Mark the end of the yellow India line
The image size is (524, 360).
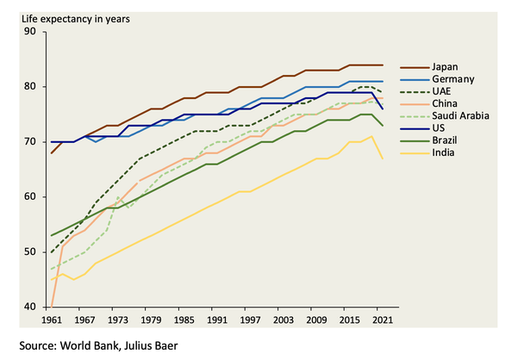(x=383, y=159)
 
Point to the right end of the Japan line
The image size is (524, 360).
(x=383, y=65)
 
